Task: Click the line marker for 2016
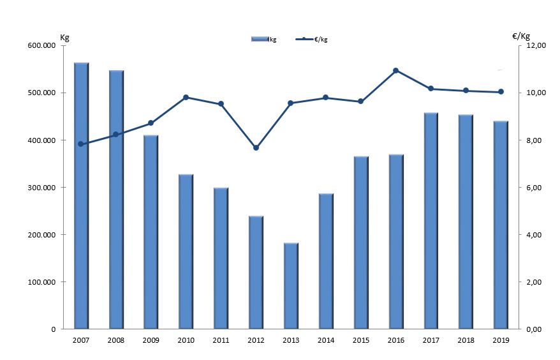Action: click(395, 70)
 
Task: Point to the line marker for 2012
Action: click(256, 147)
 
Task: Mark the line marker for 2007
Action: click(81, 144)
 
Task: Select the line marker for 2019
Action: click(501, 92)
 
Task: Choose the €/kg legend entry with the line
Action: click(312, 40)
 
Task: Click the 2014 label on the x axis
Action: click(325, 341)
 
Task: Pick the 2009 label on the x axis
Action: click(151, 341)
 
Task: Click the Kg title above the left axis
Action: click(64, 36)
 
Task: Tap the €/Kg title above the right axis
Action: click(521, 36)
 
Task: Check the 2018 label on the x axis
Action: click(466, 341)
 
